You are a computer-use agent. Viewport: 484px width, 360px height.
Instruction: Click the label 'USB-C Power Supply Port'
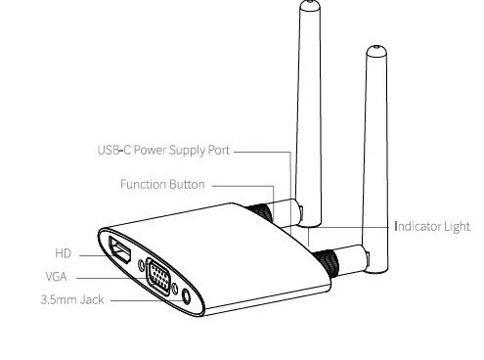tap(162, 152)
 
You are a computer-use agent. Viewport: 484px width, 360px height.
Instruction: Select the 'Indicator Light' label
tap(431, 226)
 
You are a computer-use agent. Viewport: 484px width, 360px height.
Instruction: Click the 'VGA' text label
tap(56, 277)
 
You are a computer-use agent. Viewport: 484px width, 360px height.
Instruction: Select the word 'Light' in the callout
tap(455, 226)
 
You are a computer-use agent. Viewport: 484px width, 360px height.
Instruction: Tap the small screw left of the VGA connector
tap(144, 263)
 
